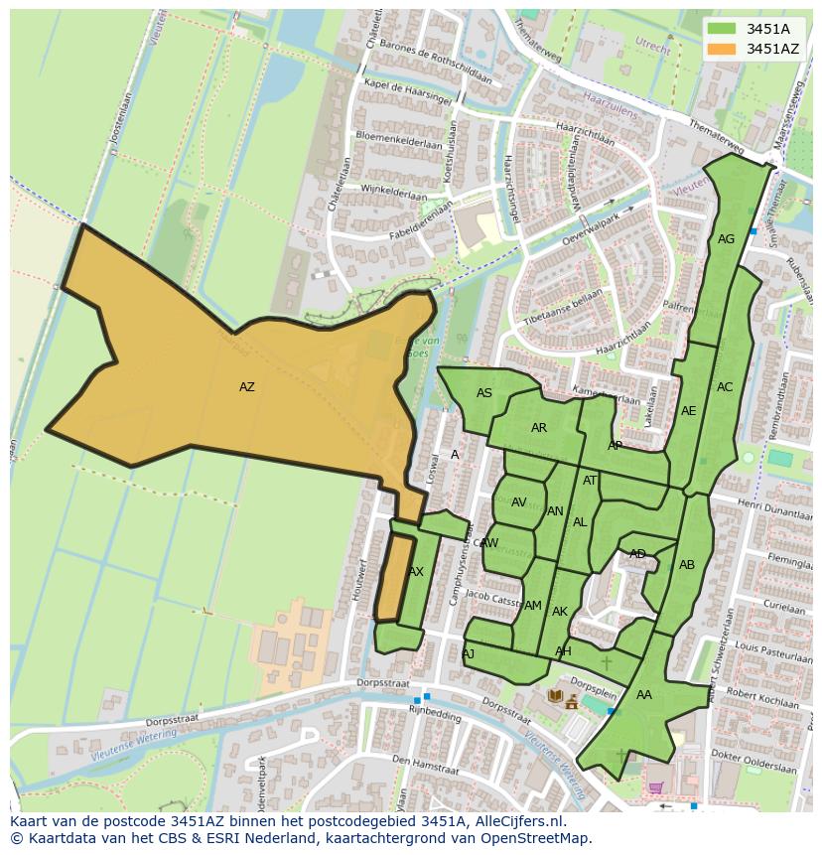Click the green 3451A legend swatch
click(722, 29)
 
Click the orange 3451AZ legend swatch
click(722, 49)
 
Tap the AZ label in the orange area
click(246, 387)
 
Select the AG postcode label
click(726, 239)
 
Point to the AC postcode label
click(725, 387)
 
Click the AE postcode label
click(688, 411)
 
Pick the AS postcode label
click(484, 393)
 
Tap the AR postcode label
click(539, 429)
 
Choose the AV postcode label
click(518, 502)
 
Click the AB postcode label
click(687, 565)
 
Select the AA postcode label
click(644, 695)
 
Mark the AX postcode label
click(416, 572)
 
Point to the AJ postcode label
click(468, 653)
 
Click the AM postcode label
click(533, 606)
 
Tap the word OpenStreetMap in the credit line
click(534, 838)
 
